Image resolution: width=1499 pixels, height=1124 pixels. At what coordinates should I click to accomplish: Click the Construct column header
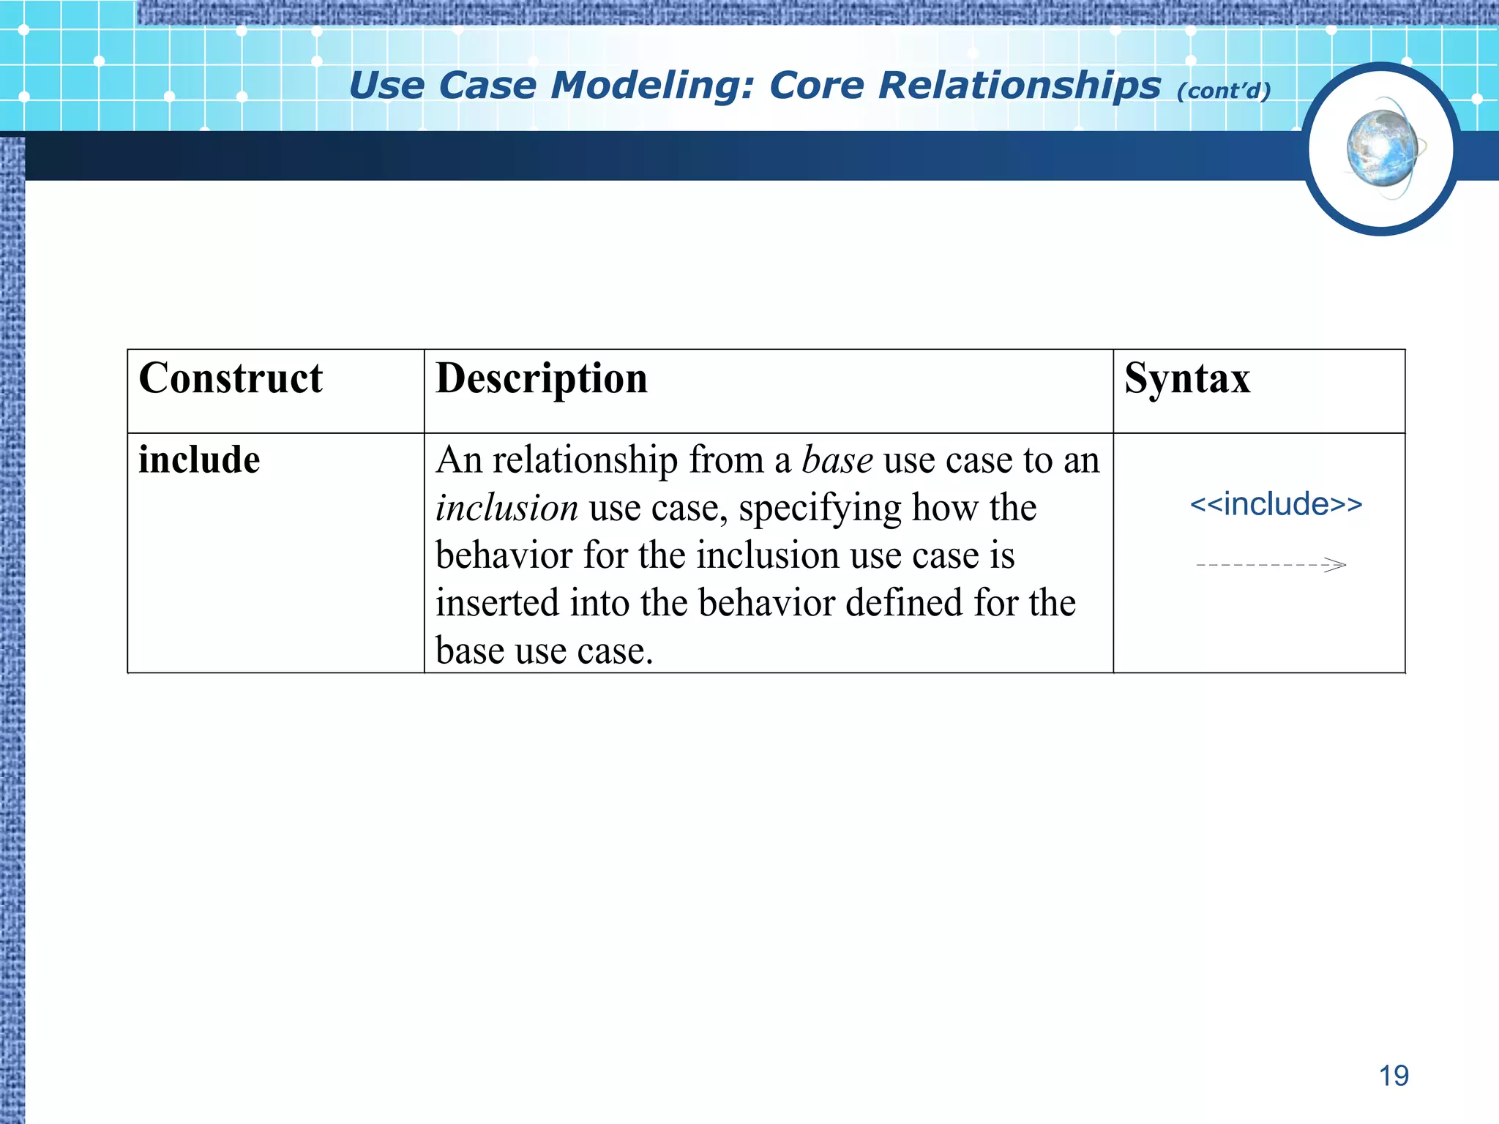click(231, 379)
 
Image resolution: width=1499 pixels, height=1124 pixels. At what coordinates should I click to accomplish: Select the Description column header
click(542, 379)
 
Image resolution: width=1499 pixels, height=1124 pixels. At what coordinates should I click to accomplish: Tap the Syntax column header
click(1187, 379)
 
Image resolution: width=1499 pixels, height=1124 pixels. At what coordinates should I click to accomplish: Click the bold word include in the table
click(199, 460)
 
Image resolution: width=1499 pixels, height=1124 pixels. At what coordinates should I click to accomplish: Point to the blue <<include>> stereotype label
click(1276, 504)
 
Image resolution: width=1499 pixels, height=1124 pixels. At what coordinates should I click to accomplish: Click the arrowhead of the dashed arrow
click(1337, 565)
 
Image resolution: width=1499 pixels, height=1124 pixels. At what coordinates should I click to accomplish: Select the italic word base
click(837, 460)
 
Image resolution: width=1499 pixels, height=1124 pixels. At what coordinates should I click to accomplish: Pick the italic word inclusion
click(506, 508)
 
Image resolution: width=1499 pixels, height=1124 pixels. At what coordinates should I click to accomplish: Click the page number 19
click(1394, 1076)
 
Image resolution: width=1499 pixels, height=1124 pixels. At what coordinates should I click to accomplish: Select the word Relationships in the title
click(1020, 86)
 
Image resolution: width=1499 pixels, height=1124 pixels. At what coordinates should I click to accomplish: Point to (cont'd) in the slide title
click(1224, 91)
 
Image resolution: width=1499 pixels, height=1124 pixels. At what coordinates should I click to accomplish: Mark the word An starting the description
click(459, 460)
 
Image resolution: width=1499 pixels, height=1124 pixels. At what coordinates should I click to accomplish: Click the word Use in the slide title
click(386, 86)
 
